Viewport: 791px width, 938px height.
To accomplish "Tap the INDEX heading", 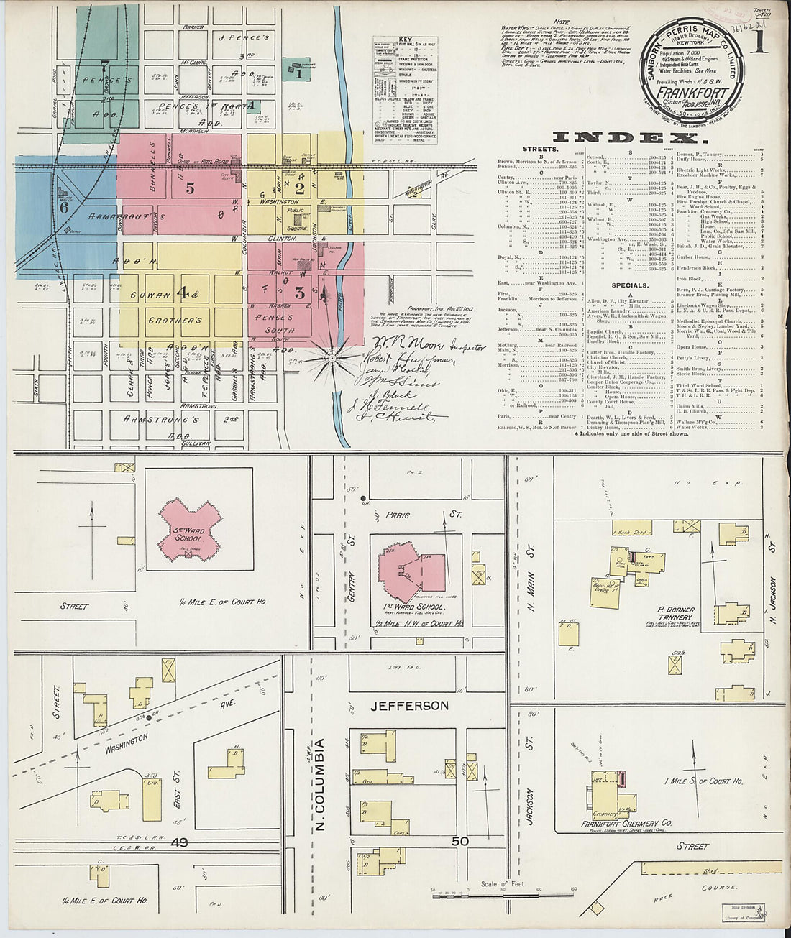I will tap(625, 138).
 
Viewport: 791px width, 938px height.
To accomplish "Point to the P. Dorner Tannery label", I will tap(675, 617).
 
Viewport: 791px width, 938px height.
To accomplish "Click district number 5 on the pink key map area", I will tap(190, 188).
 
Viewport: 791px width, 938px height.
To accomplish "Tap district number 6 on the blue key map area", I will tap(64, 207).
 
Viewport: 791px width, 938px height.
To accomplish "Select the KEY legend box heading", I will tap(396, 42).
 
